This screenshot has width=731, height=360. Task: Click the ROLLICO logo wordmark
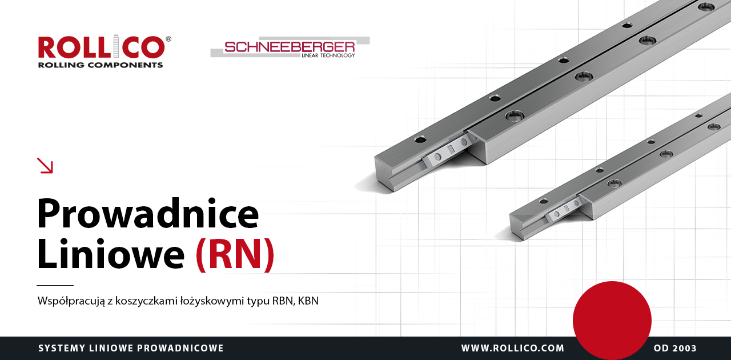[102, 47]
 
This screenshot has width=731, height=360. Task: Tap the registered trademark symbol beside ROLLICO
[168, 39]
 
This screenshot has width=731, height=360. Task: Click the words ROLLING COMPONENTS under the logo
[101, 65]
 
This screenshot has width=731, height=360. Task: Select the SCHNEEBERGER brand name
[290, 47]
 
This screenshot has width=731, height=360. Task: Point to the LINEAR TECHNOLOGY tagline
[328, 55]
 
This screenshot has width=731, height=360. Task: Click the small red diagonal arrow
[45, 166]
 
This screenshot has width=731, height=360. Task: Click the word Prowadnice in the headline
[148, 213]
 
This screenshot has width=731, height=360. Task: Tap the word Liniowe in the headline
[111, 254]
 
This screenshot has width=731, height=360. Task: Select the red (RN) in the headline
[235, 255]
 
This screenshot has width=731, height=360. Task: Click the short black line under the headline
[55, 285]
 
